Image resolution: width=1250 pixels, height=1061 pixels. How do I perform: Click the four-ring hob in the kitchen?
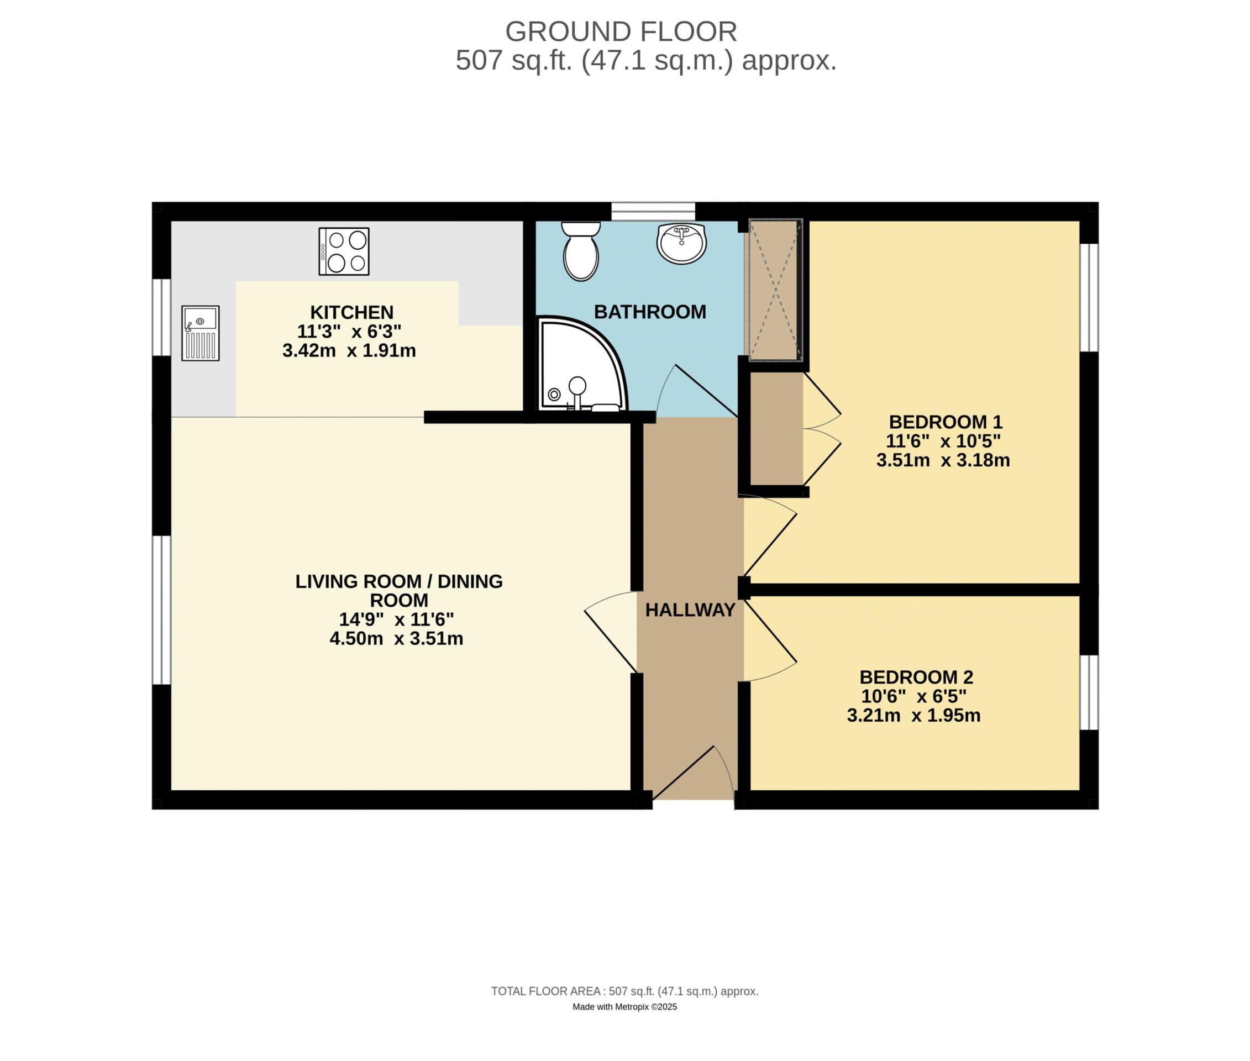pyautogui.click(x=344, y=251)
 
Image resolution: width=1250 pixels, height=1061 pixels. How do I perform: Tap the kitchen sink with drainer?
pyautogui.click(x=200, y=333)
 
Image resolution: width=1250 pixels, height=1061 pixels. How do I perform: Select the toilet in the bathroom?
pyautogui.click(x=580, y=251)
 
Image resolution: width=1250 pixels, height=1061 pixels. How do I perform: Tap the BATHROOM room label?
pyautogui.click(x=650, y=312)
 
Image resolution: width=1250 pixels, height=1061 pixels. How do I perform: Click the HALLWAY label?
pyautogui.click(x=690, y=610)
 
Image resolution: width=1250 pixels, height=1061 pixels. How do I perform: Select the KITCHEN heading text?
pyautogui.click(x=351, y=312)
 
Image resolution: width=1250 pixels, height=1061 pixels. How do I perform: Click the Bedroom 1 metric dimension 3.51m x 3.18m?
pyautogui.click(x=943, y=460)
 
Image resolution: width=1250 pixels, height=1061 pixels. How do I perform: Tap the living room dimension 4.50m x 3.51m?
pyautogui.click(x=396, y=638)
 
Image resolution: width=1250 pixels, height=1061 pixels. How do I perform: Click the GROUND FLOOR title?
pyautogui.click(x=621, y=31)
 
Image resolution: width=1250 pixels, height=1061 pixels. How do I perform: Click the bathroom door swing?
pyautogui.click(x=698, y=391)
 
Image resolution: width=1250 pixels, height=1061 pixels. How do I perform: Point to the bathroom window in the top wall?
pyautogui.click(x=653, y=211)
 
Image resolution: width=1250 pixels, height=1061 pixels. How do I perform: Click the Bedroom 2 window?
pyautogui.click(x=1089, y=692)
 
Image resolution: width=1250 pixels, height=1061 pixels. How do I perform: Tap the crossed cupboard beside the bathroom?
pyautogui.click(x=775, y=291)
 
